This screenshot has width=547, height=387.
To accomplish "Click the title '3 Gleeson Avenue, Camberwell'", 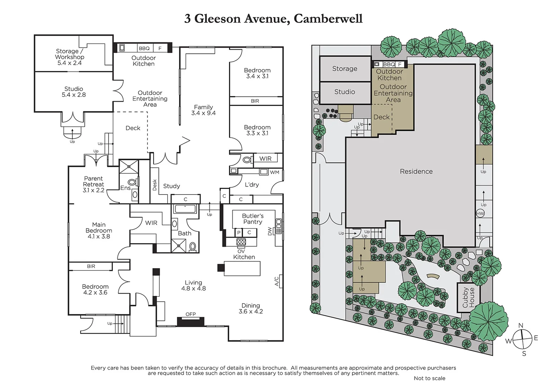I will (x=273, y=19).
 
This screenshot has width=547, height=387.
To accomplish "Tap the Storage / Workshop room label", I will (x=69, y=57).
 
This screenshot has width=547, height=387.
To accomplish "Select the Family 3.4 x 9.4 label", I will (x=203, y=110).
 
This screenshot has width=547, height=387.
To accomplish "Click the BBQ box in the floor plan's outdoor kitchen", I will (x=144, y=48).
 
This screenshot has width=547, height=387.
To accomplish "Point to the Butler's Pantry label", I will (x=253, y=219).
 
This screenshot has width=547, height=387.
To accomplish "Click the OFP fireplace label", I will (x=190, y=314).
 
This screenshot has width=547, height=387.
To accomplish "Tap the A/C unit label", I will (x=277, y=281).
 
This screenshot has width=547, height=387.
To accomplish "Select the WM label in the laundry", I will (x=275, y=172).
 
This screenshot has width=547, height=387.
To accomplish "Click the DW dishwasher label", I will (x=270, y=231).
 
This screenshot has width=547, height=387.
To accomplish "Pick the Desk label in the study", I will (x=155, y=185).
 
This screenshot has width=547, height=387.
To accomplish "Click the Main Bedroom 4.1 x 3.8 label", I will (x=99, y=230).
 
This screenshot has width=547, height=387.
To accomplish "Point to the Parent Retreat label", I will (x=93, y=184).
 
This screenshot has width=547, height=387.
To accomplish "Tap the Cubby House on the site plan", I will (x=468, y=297).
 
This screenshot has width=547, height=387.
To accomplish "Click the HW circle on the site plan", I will (x=480, y=214).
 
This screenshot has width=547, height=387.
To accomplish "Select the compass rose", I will (x=522, y=339).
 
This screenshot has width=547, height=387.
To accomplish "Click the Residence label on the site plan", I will (x=416, y=172).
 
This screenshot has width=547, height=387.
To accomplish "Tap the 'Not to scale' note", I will (x=429, y=378).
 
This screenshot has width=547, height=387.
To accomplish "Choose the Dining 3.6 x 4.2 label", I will (x=251, y=309).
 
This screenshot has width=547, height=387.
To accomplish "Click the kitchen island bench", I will (x=242, y=268).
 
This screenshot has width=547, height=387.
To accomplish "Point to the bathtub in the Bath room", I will (x=185, y=209).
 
